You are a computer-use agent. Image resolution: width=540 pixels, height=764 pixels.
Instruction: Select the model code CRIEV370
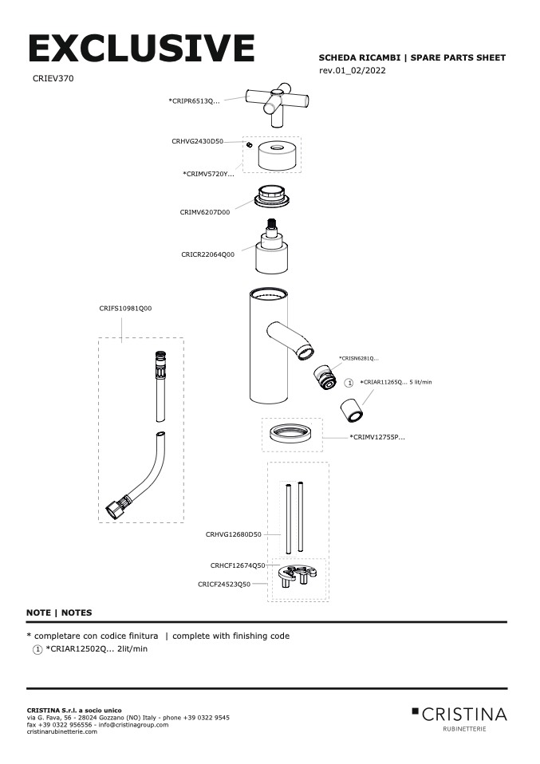(53, 79)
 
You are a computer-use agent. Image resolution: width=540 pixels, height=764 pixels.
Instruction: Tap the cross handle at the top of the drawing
(276, 103)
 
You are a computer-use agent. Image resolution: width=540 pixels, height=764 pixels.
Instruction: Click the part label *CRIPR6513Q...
(194, 100)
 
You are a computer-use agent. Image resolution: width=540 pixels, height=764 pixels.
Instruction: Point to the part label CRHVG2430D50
(197, 141)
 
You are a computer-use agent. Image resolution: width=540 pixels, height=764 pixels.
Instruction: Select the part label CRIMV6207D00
(204, 212)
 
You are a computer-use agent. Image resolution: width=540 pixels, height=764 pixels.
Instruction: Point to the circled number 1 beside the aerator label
(348, 383)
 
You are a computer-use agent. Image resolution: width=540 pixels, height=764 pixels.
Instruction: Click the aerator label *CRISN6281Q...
(358, 359)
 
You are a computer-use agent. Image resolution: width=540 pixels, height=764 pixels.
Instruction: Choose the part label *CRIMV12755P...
(377, 437)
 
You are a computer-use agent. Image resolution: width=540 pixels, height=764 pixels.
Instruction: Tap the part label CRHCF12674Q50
(238, 565)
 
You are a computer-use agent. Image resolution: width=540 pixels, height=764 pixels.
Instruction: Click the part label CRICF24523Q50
(224, 584)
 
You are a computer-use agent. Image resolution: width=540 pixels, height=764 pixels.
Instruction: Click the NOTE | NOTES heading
(59, 612)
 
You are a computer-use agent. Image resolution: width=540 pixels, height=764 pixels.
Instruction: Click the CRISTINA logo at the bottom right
(459, 715)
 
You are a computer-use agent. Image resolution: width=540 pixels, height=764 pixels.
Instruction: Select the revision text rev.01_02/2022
(353, 71)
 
